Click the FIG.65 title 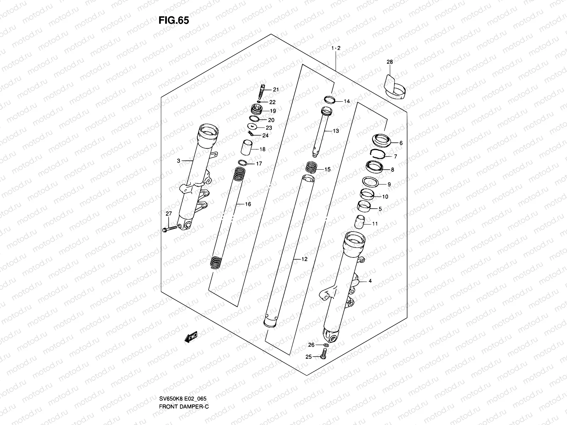point(174,21)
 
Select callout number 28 point(389,62)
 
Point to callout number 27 point(169,213)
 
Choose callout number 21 point(276,90)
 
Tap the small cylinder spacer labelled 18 point(247,147)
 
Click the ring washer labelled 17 point(242,163)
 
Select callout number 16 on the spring point(248,204)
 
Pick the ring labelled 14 point(329,100)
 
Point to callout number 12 point(304,259)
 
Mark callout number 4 point(370,281)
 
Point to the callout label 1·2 point(336,48)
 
